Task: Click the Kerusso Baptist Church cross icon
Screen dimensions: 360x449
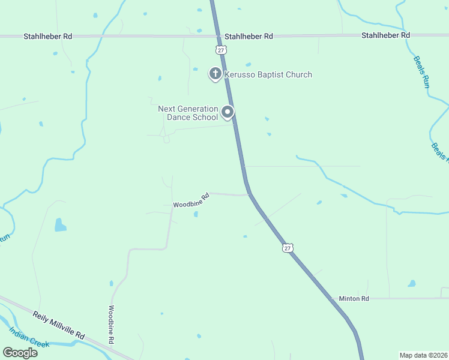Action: click(214, 74)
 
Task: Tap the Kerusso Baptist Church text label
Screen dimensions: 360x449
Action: click(268, 75)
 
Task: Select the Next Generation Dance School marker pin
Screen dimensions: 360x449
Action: click(228, 112)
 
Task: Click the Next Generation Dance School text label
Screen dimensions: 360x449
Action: click(188, 113)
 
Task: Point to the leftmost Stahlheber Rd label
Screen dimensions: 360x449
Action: click(48, 36)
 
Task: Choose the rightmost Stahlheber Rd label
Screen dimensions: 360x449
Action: click(385, 35)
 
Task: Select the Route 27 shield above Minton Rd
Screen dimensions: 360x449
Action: click(288, 248)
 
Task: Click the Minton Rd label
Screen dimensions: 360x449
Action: click(354, 298)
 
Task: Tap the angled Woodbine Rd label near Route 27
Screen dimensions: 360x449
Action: click(191, 201)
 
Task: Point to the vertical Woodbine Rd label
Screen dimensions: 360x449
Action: click(111, 325)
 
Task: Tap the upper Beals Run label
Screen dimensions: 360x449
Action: click(421, 72)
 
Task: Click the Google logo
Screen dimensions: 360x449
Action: click(20, 352)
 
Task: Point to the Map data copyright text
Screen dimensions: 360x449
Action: click(423, 355)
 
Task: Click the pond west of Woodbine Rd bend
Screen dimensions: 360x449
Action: click(60, 225)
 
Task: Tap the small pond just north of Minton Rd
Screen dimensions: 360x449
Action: click(412, 283)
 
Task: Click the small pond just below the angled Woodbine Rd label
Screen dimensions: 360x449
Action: click(196, 215)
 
